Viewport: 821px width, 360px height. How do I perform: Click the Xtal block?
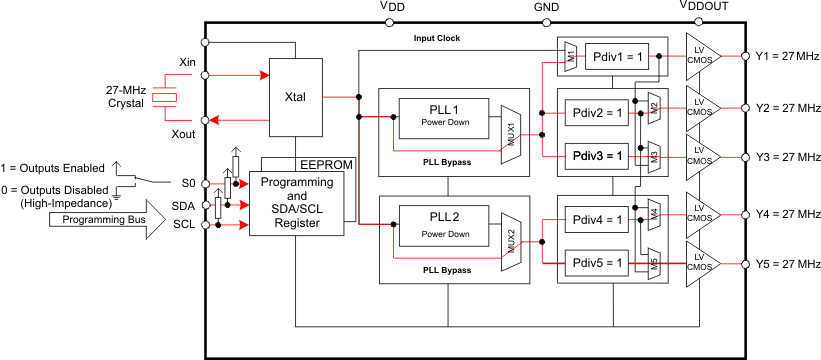point(295,97)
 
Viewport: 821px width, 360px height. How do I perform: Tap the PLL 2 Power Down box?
point(437,229)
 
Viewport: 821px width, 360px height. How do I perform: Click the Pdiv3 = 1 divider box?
point(597,156)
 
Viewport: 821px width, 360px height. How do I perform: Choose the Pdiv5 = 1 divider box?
point(597,264)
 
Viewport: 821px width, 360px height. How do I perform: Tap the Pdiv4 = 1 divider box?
point(597,219)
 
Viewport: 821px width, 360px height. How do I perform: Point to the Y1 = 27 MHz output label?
point(787,56)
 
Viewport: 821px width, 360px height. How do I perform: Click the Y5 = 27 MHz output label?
point(787,265)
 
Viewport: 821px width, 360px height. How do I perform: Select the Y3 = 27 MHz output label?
point(787,157)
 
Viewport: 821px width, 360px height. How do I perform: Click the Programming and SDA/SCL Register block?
point(295,203)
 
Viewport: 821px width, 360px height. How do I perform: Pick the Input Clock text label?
point(438,39)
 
